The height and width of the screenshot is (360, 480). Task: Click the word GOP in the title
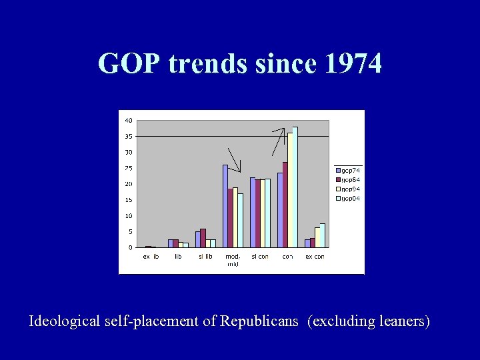130,63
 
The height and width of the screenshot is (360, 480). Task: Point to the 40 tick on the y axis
128,120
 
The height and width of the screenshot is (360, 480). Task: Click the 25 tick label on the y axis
128,168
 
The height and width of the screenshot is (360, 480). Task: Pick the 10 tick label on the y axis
128,216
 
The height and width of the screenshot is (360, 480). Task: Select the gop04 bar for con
295,187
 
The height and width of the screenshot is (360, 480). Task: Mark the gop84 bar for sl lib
203,238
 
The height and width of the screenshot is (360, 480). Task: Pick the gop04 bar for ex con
323,235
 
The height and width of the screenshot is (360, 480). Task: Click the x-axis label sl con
259,257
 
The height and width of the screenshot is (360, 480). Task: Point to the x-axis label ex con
315,257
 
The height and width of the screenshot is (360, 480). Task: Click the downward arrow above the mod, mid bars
235,160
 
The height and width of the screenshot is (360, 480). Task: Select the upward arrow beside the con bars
279,141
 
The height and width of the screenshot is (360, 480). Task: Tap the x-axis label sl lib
205,257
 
